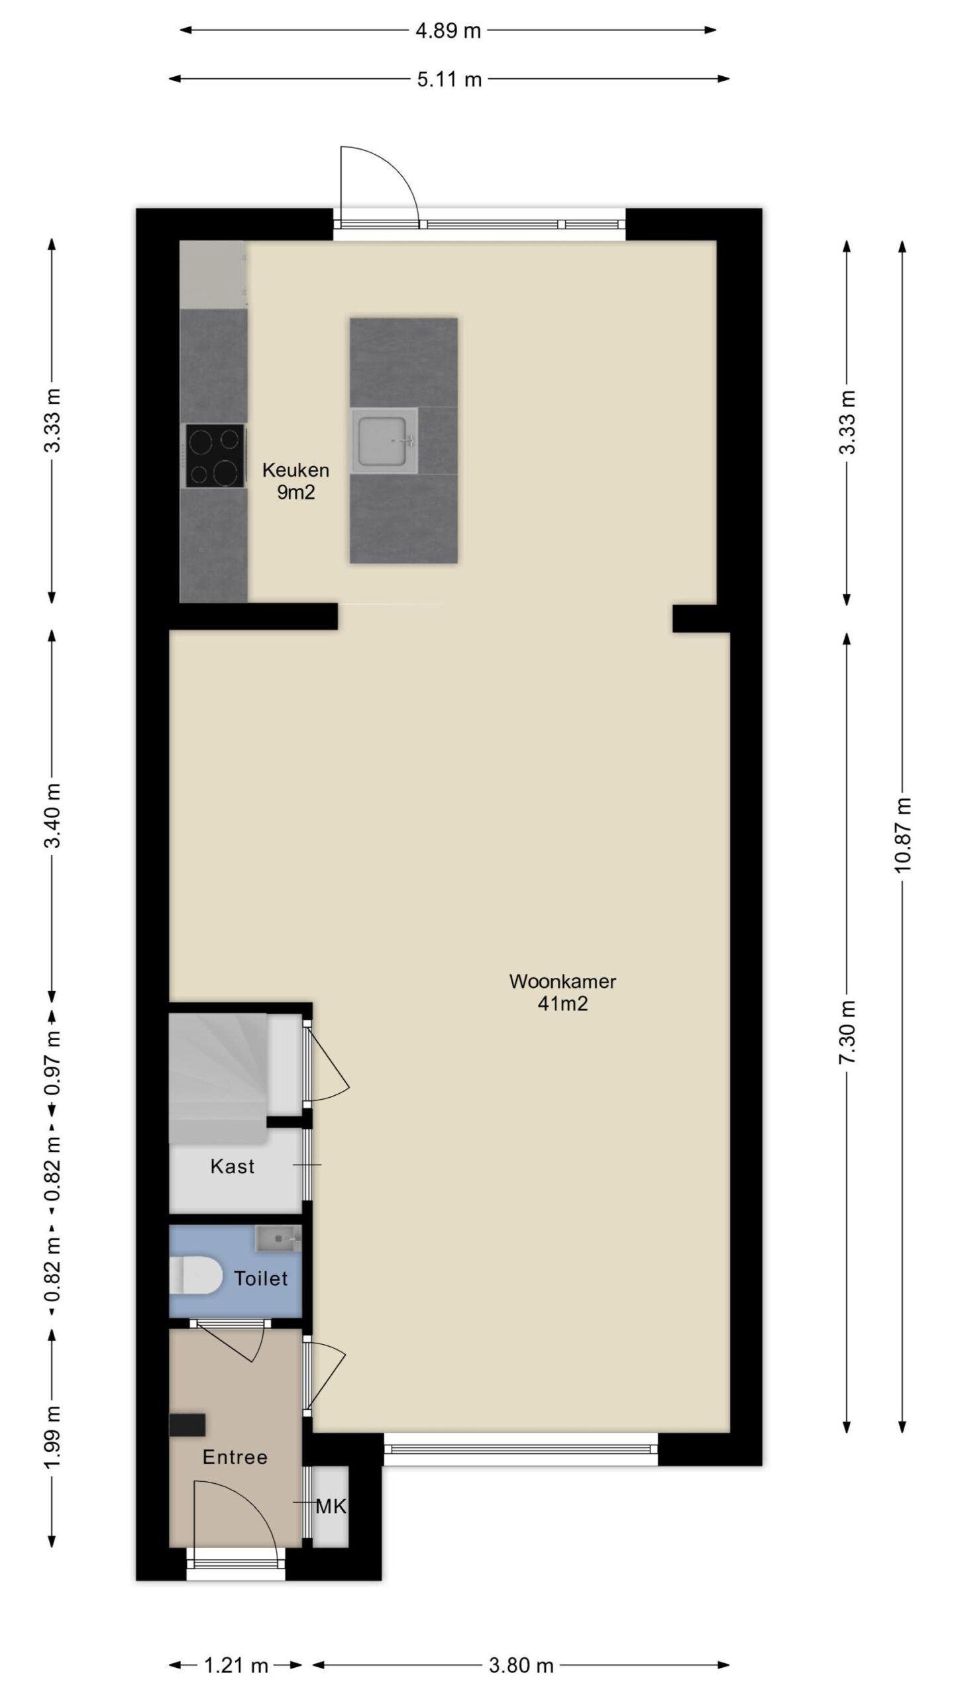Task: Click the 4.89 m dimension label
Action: click(448, 30)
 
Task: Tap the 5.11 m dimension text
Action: click(449, 80)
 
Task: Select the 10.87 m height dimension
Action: click(903, 836)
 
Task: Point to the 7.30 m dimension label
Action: click(848, 1032)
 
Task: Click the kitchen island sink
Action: click(385, 440)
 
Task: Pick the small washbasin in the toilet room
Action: click(279, 1235)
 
